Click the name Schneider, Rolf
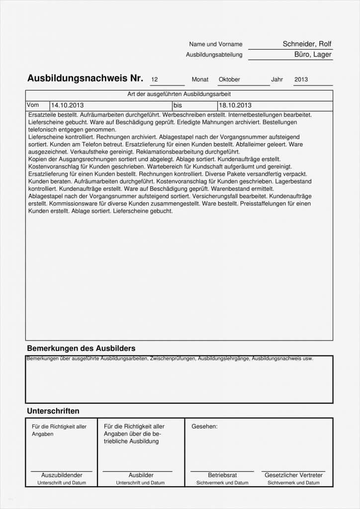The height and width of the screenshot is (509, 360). pos(307,44)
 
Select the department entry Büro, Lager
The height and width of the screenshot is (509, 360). pos(313,55)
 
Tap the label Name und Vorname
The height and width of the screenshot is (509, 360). pos(216,45)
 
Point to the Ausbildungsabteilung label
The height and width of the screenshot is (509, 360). pos(214,55)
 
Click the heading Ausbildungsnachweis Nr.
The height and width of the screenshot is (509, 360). pos(85,79)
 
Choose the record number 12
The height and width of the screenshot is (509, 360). pos(154,80)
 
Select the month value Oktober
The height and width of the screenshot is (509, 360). pos(229,80)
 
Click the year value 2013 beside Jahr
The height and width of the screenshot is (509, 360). pos(301,80)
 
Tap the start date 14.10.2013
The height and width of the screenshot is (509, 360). pos(67,105)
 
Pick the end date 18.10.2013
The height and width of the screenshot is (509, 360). pos(235,105)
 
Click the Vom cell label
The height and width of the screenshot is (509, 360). pos(33,105)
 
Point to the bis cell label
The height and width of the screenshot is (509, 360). pos(178,105)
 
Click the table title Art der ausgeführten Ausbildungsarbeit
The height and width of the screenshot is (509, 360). pos(179,94)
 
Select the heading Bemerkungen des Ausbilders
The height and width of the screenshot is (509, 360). pos(81,348)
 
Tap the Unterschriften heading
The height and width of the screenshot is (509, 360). pos(53,411)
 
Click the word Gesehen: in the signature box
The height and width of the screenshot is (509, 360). pos(204,426)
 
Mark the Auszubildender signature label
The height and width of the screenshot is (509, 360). pos(62,475)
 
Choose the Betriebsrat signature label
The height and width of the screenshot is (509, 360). pos(222,475)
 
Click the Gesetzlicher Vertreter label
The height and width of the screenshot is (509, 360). pos(293,475)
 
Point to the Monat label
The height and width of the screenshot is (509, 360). pos(200,80)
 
